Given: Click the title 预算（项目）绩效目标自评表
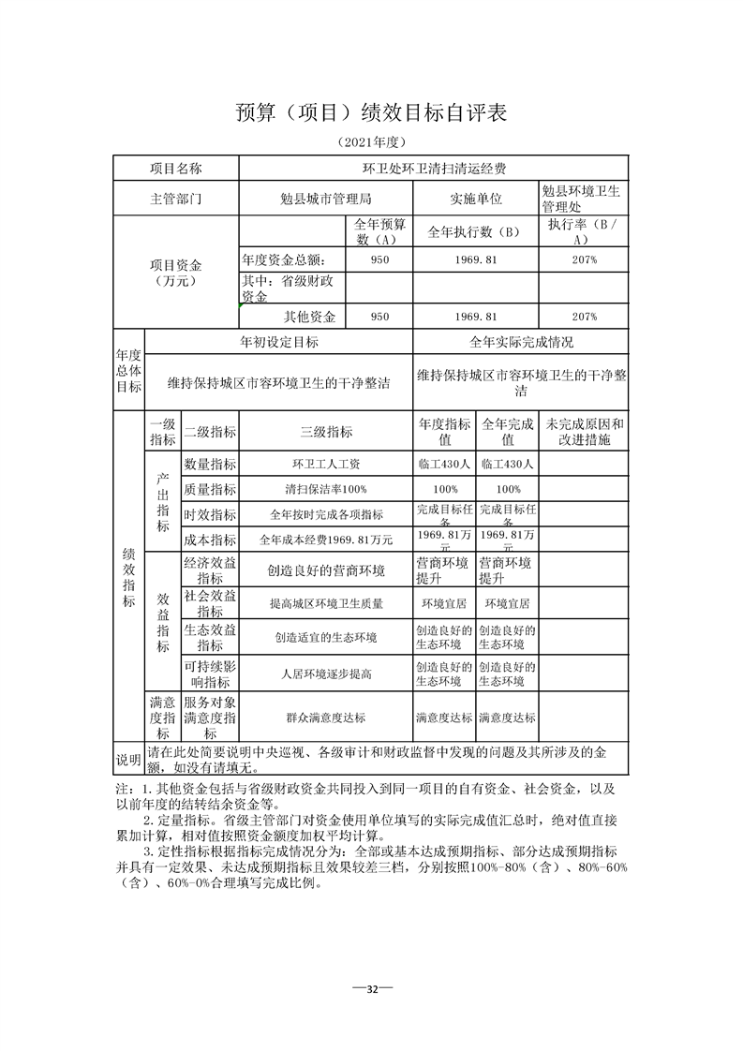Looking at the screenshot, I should (x=371, y=113).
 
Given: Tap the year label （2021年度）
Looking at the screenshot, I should (x=371, y=143).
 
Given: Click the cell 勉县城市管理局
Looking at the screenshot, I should (x=326, y=199).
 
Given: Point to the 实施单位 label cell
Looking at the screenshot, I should (x=476, y=199).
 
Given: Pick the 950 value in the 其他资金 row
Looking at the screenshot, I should (x=379, y=317).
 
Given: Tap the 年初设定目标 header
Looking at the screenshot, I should (x=279, y=342).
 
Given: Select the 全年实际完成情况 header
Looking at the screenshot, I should (x=521, y=342).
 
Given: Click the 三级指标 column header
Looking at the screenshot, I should (x=326, y=432).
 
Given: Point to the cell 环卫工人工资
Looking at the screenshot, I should (x=326, y=464).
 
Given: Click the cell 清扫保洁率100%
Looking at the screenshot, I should (x=326, y=489).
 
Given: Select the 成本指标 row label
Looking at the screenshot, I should (x=210, y=540).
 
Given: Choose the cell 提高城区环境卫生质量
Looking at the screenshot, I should (x=326, y=604).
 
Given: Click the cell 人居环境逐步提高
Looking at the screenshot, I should (x=326, y=674).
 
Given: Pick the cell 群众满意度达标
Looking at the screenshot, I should (x=326, y=718).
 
